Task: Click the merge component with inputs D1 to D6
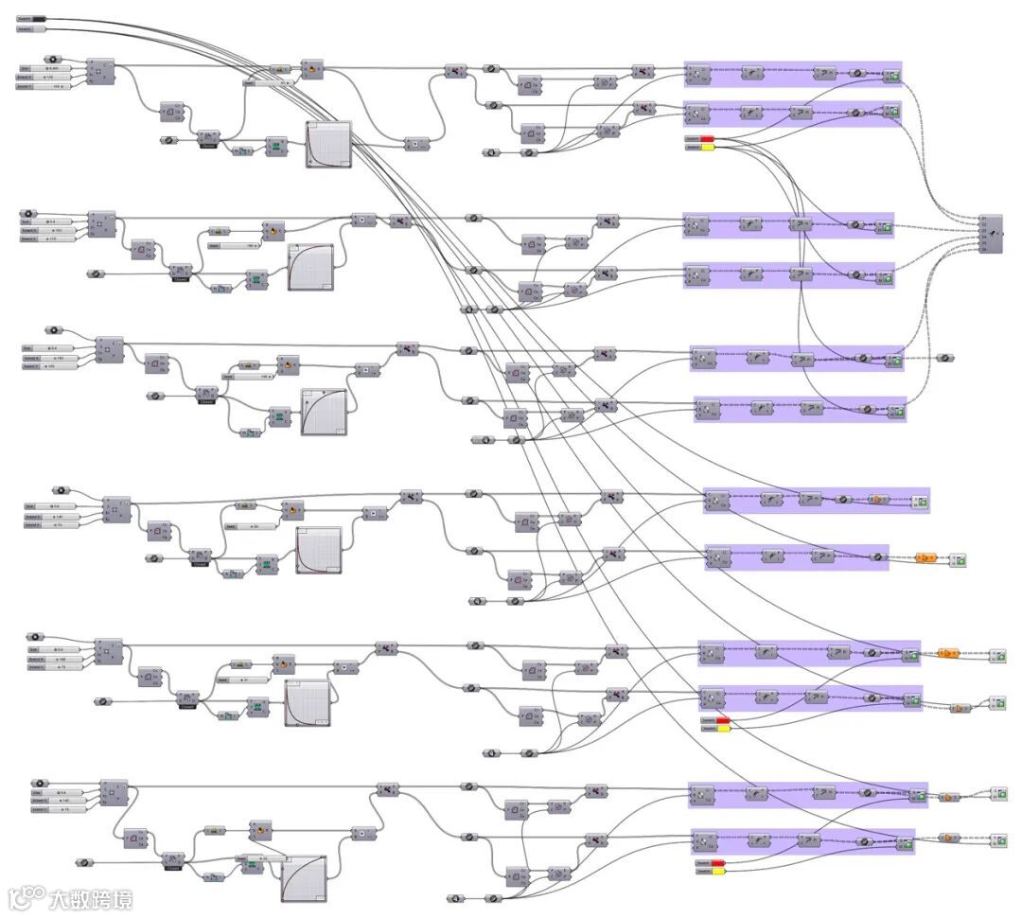click(990, 234)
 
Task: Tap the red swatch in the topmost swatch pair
click(707, 139)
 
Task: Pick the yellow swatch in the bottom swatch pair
click(717, 871)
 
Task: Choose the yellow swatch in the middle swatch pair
click(723, 729)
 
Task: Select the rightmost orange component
click(947, 653)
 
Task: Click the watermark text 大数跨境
click(92, 898)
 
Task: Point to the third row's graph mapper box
click(324, 412)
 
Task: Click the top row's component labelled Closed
click(209, 140)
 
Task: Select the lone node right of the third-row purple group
click(945, 359)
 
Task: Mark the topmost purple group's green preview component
click(890, 75)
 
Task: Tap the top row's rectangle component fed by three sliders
click(100, 71)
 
